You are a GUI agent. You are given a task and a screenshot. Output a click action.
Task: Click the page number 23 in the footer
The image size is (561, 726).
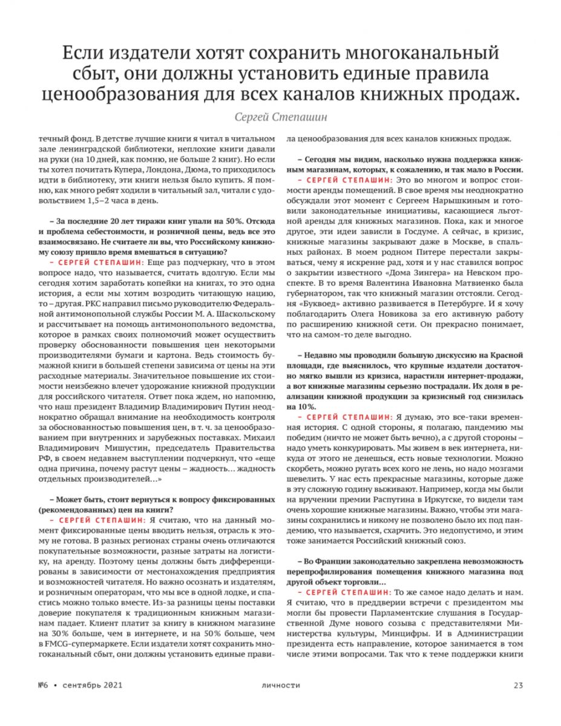click(x=518, y=685)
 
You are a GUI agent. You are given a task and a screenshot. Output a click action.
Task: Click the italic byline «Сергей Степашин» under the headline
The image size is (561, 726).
click(x=280, y=116)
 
